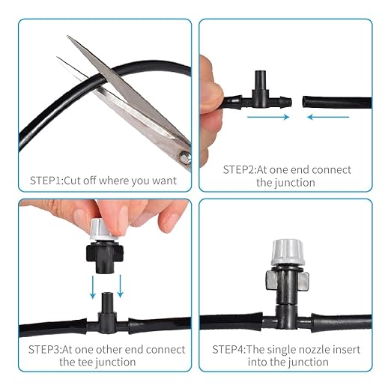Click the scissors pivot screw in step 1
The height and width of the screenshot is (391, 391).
(185, 156)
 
